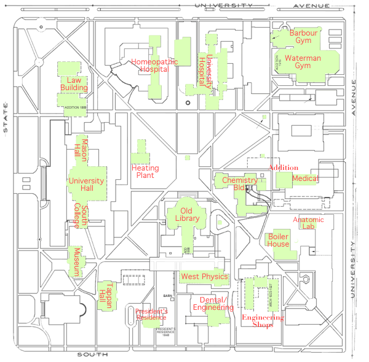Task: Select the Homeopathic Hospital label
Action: [x=154, y=66]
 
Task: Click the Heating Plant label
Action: [x=145, y=172]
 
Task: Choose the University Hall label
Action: [x=87, y=185]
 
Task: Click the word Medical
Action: [x=306, y=179]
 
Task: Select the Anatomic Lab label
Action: [x=308, y=223]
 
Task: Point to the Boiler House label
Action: [x=279, y=240]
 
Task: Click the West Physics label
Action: [x=204, y=277]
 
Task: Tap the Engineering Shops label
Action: [x=263, y=321]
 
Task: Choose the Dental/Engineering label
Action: [x=213, y=303]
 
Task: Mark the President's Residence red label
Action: [x=151, y=314]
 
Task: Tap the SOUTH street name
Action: [x=93, y=355]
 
